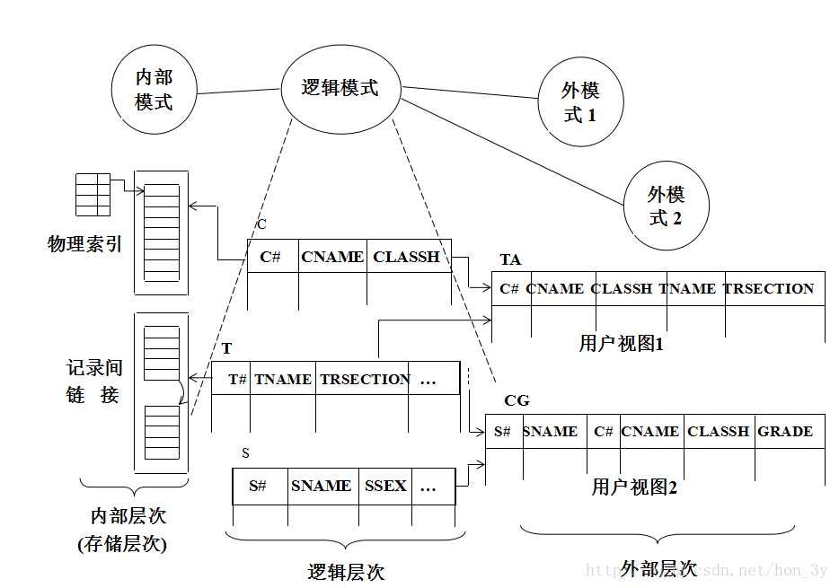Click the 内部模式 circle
tap(154, 90)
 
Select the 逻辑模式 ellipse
tap(340, 88)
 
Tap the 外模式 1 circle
tap(579, 102)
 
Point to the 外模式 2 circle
tap(666, 206)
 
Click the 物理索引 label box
tap(87, 245)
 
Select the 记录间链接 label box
tap(97, 380)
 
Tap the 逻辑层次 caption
tap(346, 572)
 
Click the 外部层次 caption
tap(658, 567)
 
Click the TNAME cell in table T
tap(283, 379)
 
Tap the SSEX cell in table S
tap(386, 487)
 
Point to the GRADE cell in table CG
tap(785, 432)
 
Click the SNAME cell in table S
tap(322, 487)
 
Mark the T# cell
tap(235, 379)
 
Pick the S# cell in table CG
tap(503, 432)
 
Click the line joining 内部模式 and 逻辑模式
tap(238, 91)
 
